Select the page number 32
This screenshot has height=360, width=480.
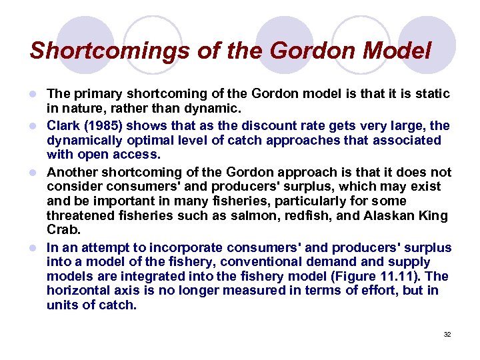point(447,334)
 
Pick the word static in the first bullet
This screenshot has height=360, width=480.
point(432,94)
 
